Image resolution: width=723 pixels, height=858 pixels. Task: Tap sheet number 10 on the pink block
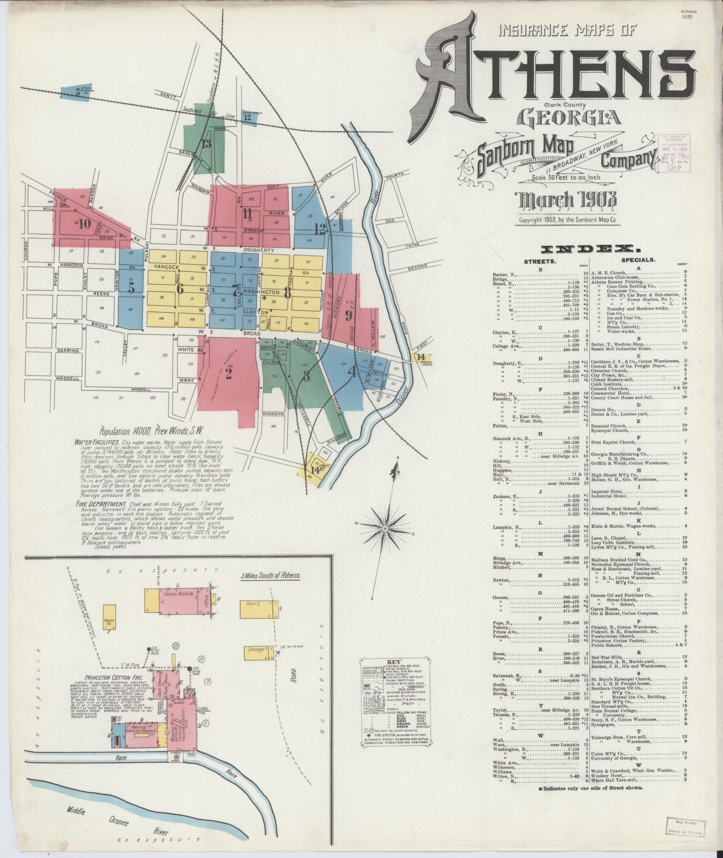tap(84, 224)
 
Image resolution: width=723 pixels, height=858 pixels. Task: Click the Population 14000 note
tap(151, 431)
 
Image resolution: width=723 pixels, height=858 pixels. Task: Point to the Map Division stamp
tap(684, 826)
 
